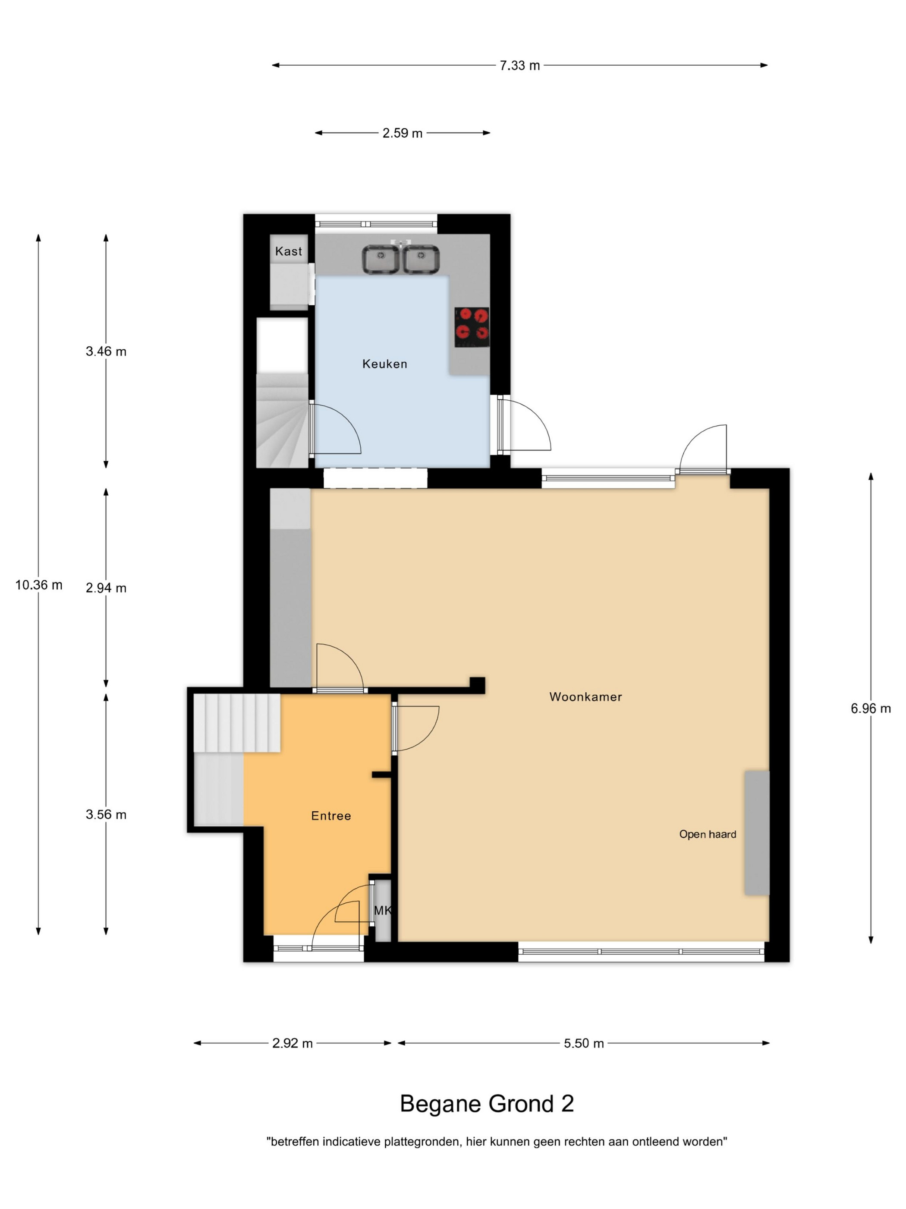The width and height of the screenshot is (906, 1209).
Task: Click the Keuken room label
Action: click(x=384, y=364)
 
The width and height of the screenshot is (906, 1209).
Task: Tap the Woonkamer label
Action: click(x=585, y=697)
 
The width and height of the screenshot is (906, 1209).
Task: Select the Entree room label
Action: click(x=331, y=816)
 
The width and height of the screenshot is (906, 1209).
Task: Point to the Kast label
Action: click(x=288, y=251)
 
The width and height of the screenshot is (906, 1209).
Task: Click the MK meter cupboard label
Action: click(x=383, y=911)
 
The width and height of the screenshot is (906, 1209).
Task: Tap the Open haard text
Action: click(x=707, y=835)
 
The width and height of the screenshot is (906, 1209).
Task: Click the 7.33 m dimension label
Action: click(x=519, y=66)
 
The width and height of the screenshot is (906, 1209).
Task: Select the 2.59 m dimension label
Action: click(x=403, y=133)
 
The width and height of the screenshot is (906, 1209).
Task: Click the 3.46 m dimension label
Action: click(x=106, y=351)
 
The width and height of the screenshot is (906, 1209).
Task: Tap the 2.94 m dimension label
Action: click(x=106, y=588)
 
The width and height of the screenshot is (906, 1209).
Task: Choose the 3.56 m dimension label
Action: click(x=106, y=815)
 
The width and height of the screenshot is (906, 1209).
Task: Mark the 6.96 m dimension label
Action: click(x=871, y=709)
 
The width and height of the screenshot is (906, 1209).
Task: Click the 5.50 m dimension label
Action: click(x=584, y=1043)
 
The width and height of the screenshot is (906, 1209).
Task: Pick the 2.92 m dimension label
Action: click(x=292, y=1043)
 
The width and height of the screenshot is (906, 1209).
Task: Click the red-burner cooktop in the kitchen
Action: click(x=472, y=327)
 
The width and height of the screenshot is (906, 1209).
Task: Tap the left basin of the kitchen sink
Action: click(x=381, y=260)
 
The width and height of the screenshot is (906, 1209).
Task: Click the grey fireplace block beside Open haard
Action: click(x=757, y=833)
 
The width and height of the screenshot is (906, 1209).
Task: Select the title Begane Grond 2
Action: click(x=487, y=1104)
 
